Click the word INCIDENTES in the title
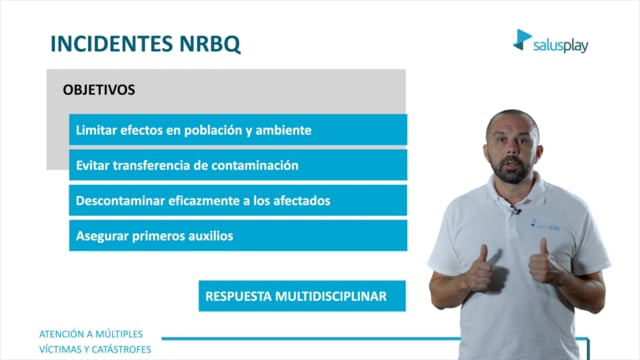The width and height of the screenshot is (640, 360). (111, 44)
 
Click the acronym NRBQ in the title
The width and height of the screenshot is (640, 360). (210, 44)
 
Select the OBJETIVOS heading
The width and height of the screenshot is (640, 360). (99, 90)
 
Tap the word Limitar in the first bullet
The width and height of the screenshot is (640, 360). (96, 130)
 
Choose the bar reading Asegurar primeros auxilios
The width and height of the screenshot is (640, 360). (238, 236)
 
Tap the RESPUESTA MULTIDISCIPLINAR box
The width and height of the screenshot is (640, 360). (302, 296)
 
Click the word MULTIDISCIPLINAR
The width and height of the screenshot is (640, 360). (331, 296)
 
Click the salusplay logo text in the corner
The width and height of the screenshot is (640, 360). (560, 45)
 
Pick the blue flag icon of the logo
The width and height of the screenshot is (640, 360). (522, 40)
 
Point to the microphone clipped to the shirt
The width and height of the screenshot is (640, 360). (515, 210)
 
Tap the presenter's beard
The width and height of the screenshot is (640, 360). (511, 170)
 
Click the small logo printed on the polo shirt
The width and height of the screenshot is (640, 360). (545, 225)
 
